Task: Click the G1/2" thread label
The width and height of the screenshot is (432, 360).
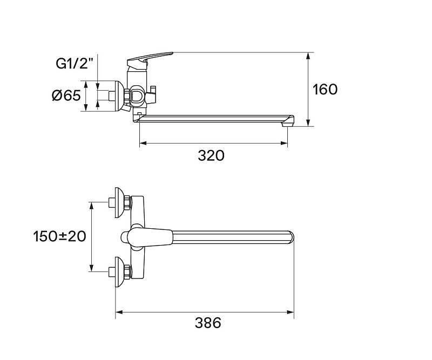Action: click(73, 64)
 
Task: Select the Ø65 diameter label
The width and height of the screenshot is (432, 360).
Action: click(66, 96)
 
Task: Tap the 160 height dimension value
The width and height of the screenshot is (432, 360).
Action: click(325, 90)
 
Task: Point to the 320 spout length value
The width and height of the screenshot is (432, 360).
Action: click(211, 155)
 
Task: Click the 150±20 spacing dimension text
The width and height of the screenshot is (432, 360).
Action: click(59, 236)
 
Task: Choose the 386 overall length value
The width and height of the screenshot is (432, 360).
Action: click(208, 323)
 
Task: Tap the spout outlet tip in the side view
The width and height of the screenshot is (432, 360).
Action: click(287, 124)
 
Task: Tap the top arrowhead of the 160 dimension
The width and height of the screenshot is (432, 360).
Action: click(308, 56)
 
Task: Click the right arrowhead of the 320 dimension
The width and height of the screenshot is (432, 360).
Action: click(284, 143)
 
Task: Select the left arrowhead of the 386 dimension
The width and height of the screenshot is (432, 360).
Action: click(119, 312)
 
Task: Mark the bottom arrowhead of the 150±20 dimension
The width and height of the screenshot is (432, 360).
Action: click(91, 268)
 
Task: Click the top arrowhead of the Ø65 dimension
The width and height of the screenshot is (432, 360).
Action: click(85, 85)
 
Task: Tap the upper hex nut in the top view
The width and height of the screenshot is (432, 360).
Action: click(127, 202)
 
